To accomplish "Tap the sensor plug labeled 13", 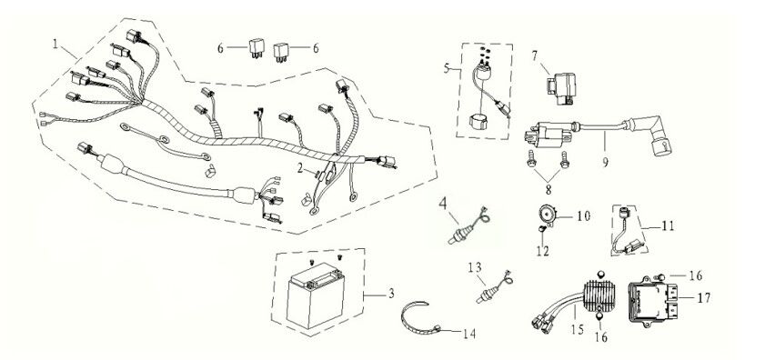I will click(485, 292).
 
